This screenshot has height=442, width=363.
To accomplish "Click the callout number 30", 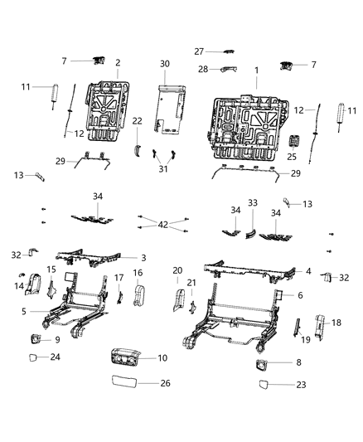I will coord(165,64).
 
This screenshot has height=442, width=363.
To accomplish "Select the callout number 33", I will coord(253,202).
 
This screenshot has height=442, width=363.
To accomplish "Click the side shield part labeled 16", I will coord(138,294).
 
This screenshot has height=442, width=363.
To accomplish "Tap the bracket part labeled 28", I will coord(221,70).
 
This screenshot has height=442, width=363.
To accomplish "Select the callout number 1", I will coord(255,71).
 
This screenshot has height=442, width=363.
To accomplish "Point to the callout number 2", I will coord(118,62).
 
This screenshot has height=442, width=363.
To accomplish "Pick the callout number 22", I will coord(137,121).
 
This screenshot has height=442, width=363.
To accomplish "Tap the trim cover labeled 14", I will coord(31,286).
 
